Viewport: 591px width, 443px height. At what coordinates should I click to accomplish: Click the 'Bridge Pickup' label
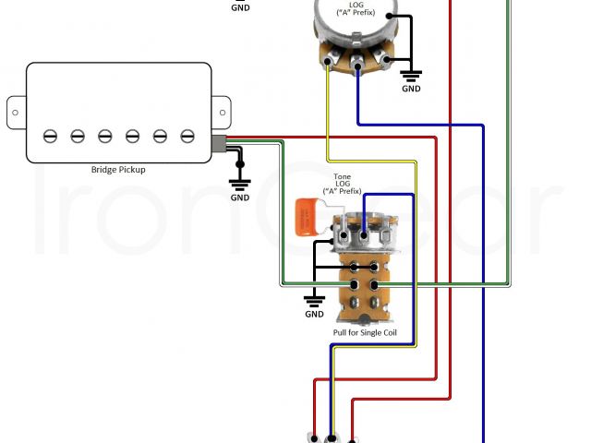pyautogui.click(x=118, y=170)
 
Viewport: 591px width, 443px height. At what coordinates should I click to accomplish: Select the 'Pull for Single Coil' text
pyautogui.click(x=366, y=332)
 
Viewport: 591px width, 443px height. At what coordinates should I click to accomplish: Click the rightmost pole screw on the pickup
pyautogui.click(x=187, y=136)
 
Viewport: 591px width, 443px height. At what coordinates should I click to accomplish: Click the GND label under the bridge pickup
pyautogui.click(x=239, y=198)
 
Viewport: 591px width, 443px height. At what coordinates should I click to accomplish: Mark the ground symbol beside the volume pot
pyautogui.click(x=412, y=76)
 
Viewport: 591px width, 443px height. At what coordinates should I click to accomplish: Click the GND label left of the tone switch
pyautogui.click(x=314, y=314)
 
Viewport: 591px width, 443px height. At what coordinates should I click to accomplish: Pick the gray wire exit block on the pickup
pyautogui.click(x=219, y=143)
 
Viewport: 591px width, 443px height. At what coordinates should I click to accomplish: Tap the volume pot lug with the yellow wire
pyautogui.click(x=329, y=63)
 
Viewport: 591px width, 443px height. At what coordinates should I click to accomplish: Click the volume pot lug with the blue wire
pyautogui.click(x=356, y=65)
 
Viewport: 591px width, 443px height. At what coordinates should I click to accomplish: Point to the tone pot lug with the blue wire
pyautogui.click(x=365, y=236)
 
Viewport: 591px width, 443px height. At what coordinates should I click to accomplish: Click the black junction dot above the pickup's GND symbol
pyautogui.click(x=240, y=164)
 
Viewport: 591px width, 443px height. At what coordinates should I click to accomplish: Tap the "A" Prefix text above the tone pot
pyautogui.click(x=342, y=194)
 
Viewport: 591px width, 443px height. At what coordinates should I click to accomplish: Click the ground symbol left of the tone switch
pyautogui.click(x=314, y=298)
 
